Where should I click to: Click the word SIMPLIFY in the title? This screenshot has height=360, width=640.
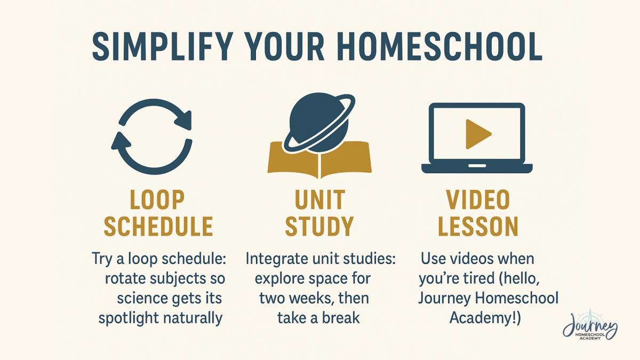[x=162, y=47]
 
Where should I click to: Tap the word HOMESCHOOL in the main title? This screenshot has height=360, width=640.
[x=439, y=47]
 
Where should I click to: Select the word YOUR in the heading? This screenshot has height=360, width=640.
[x=284, y=47]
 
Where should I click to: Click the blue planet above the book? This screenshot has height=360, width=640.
[x=319, y=122]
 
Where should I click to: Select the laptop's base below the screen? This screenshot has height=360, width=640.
[x=477, y=169]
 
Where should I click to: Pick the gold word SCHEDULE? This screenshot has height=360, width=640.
[x=158, y=226]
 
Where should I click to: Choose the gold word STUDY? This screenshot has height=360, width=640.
[x=319, y=226]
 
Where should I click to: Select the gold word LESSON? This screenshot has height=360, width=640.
[x=478, y=226]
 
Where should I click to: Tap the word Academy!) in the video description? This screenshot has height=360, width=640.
[x=485, y=318]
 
